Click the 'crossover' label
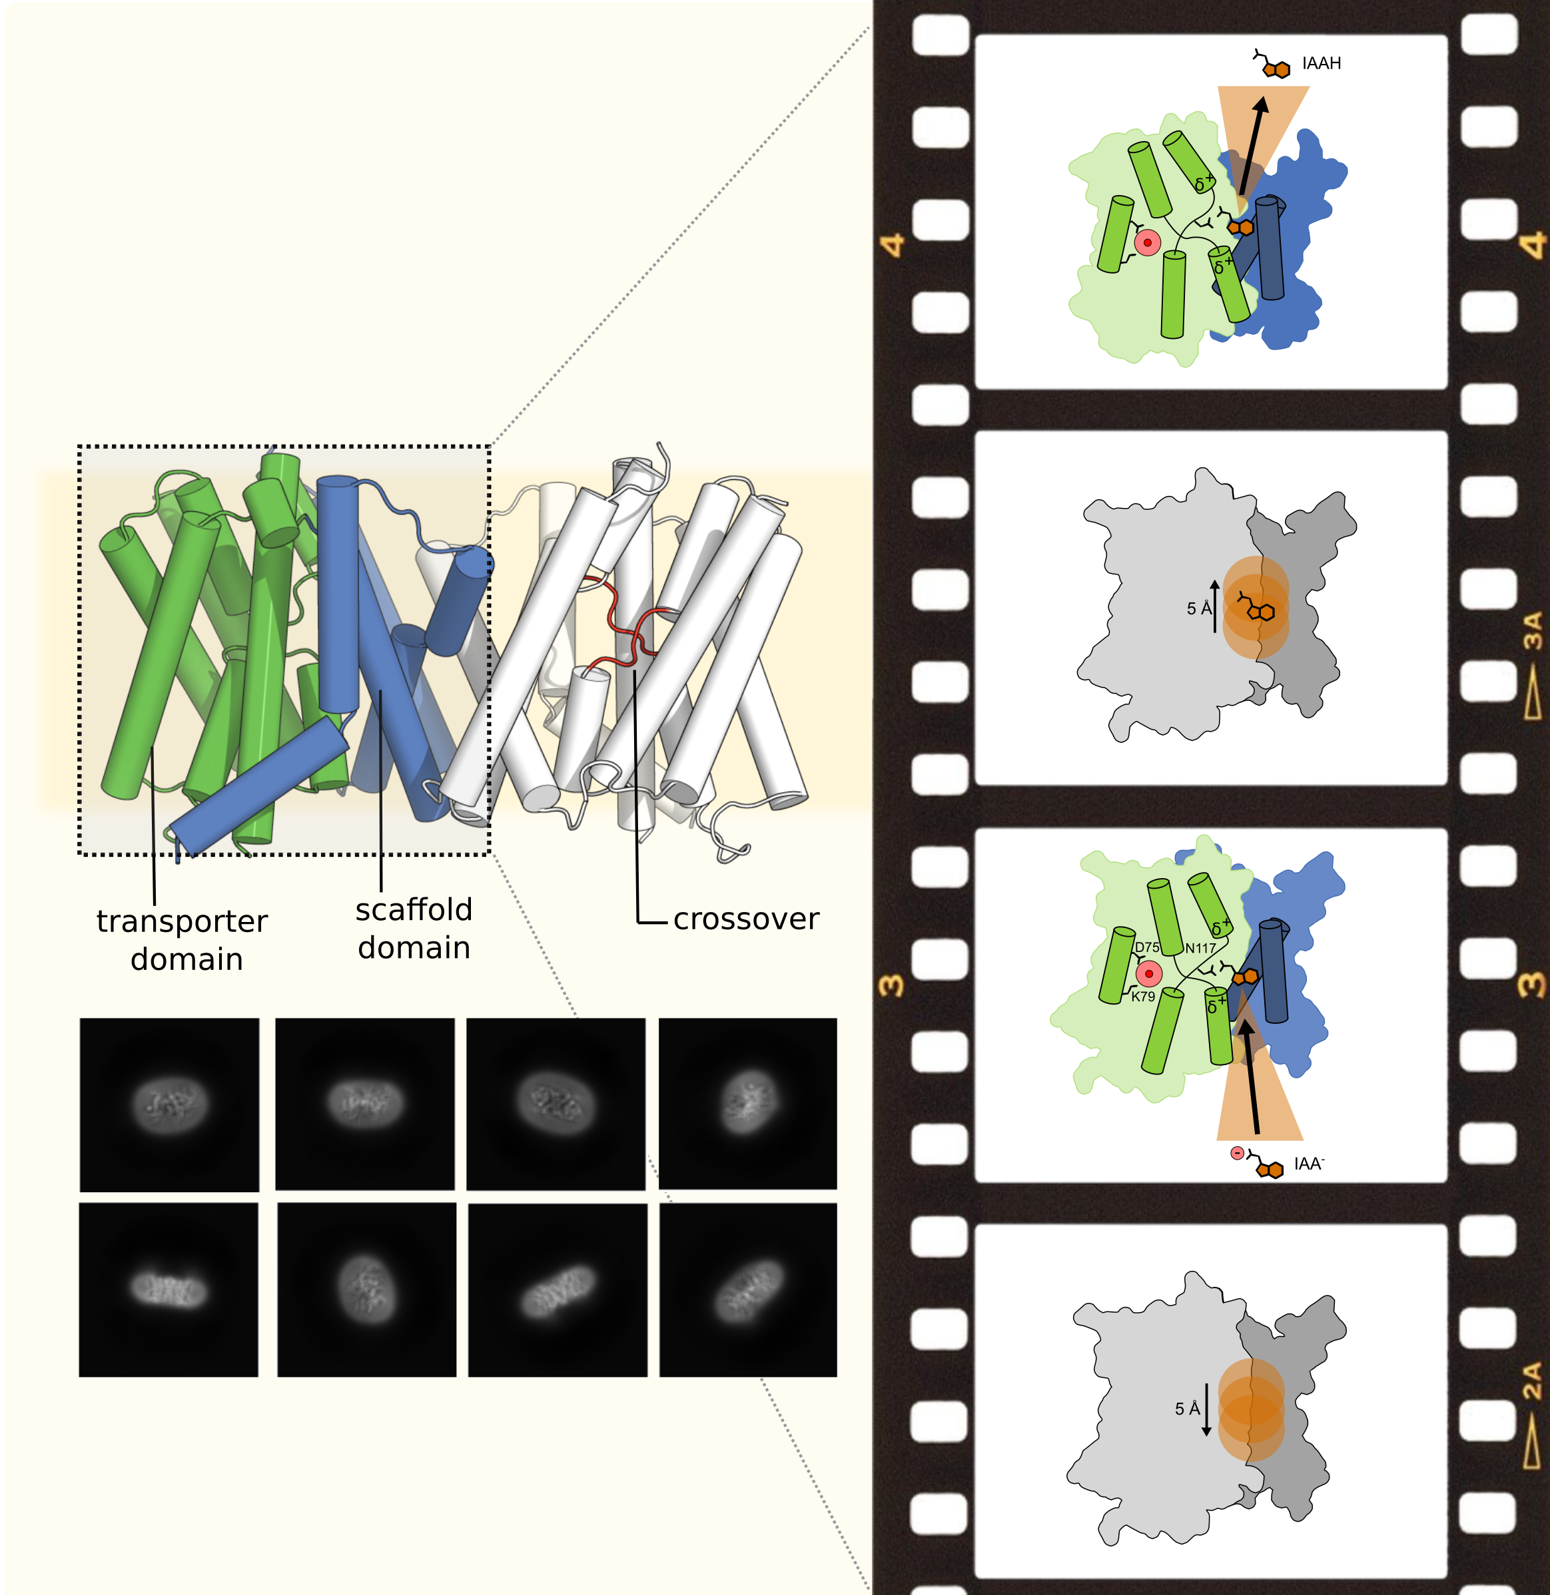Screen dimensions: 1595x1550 (746, 919)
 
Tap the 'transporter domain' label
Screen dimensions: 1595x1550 (183, 940)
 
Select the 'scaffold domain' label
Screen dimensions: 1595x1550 (414, 929)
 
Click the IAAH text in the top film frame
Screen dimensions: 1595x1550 (1322, 63)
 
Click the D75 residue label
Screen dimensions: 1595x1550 (1147, 947)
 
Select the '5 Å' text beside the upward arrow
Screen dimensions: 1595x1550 (1198, 608)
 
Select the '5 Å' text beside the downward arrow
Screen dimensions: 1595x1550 (1187, 1409)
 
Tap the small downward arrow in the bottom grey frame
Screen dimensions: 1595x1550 (1206, 1409)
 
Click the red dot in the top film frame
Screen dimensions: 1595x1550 (1147, 242)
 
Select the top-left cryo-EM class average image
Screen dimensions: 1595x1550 (169, 1104)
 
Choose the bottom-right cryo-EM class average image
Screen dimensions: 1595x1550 (748, 1290)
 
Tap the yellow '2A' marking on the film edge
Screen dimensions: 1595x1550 (1532, 1381)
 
